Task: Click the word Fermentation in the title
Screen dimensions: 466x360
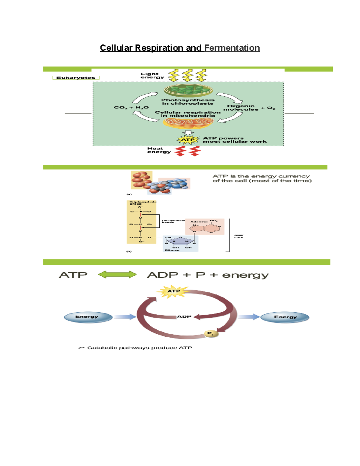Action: pos(232,48)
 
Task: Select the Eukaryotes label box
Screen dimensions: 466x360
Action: pos(76,78)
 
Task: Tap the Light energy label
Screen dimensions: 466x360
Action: pos(152,76)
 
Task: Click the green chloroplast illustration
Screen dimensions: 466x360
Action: pos(188,90)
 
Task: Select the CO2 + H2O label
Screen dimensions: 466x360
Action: pos(131,107)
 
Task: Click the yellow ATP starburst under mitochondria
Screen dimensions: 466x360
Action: pos(188,140)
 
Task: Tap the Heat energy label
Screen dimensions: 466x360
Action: pos(158,150)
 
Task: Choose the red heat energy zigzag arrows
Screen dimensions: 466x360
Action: pos(187,151)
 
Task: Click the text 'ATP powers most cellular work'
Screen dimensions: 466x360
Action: pos(234,140)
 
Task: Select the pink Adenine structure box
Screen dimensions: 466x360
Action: pos(205,227)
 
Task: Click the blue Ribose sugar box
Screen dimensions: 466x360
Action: pos(180,243)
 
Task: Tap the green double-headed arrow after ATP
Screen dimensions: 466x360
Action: pos(117,275)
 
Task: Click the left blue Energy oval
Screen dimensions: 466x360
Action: pos(88,317)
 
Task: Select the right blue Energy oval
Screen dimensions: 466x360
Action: pos(284,317)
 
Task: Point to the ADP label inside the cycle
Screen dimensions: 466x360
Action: pos(184,317)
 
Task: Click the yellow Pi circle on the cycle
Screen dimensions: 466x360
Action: pos(210,334)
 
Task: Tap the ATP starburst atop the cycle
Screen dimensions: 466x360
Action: pos(173,291)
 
